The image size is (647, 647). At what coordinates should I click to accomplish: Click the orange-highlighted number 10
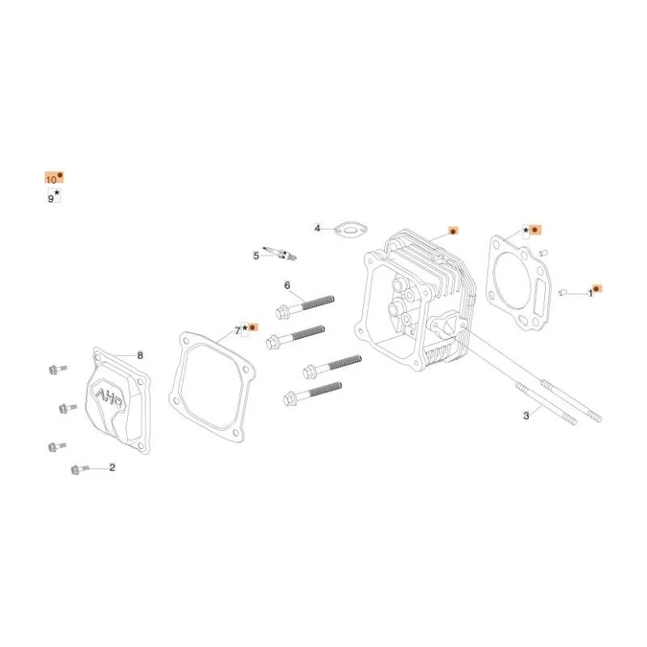pyautogui.click(x=51, y=180)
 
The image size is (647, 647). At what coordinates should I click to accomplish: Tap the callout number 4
pyautogui.click(x=317, y=228)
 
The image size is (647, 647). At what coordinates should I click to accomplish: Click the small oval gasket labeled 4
pyautogui.click(x=350, y=230)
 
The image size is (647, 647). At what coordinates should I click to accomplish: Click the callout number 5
pyautogui.click(x=256, y=256)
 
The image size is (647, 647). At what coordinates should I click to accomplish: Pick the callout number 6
pyautogui.click(x=287, y=285)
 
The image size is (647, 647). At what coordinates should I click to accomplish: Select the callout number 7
pyautogui.click(x=237, y=331)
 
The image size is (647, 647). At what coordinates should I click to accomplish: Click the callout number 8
pyautogui.click(x=140, y=355)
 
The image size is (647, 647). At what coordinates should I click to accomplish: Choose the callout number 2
pyautogui.click(x=112, y=467)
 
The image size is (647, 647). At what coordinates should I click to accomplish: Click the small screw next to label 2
pyautogui.click(x=79, y=469)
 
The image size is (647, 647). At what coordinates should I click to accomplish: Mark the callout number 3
pyautogui.click(x=526, y=416)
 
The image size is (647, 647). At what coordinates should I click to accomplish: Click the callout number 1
pyautogui.click(x=590, y=293)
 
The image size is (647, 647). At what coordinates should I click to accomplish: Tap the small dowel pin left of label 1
pyautogui.click(x=561, y=293)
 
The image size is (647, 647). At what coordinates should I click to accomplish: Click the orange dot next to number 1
pyautogui.click(x=596, y=289)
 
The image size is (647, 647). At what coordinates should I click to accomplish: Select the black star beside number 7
pyautogui.click(x=245, y=328)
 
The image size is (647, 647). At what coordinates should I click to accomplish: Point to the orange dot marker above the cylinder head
pyautogui.click(x=453, y=231)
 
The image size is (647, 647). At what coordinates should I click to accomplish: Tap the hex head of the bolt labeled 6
pyautogui.click(x=282, y=311)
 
